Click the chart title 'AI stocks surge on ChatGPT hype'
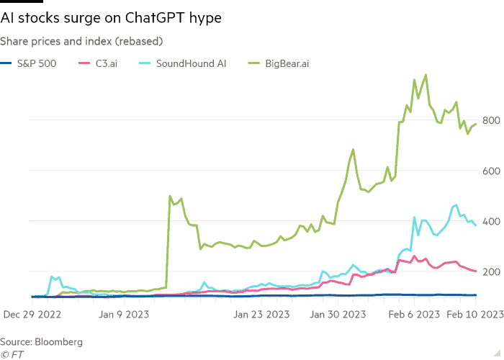(x=111, y=18)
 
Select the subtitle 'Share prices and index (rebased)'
(x=81, y=41)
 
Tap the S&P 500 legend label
(x=37, y=63)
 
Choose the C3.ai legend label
(x=107, y=63)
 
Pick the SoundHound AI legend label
(x=192, y=63)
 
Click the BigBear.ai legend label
(x=287, y=63)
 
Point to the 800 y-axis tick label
(x=491, y=120)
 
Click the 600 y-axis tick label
(x=491, y=171)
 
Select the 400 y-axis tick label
(x=491, y=222)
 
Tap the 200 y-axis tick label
(x=491, y=272)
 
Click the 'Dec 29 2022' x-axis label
(x=32, y=314)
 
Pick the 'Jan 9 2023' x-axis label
(x=124, y=314)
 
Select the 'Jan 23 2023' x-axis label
(x=261, y=314)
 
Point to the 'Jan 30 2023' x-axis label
(x=338, y=314)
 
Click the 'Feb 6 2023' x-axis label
(x=414, y=314)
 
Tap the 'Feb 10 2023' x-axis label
(x=475, y=314)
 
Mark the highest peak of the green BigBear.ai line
(x=426, y=75)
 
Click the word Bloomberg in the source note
(x=58, y=342)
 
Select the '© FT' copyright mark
(x=12, y=354)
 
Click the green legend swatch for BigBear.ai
(x=254, y=63)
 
